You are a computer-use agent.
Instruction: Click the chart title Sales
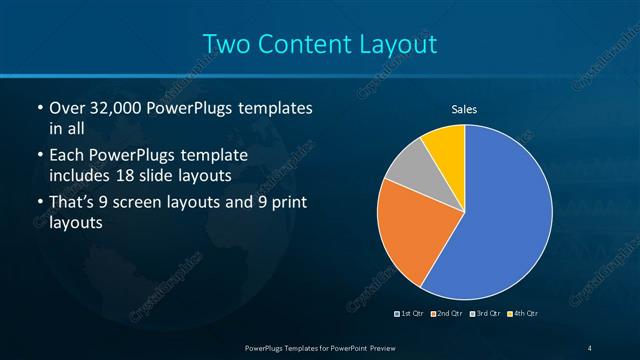[x=464, y=109]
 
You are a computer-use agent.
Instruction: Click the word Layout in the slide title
[x=401, y=44]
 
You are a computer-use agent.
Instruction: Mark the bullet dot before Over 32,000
[x=39, y=108]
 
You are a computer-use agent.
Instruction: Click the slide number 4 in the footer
[x=590, y=347]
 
